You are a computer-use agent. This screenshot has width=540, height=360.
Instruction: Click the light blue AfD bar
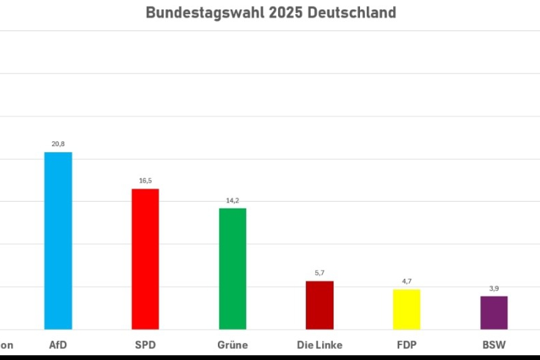coord(58,241)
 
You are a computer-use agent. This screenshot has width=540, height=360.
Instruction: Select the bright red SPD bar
coord(145,259)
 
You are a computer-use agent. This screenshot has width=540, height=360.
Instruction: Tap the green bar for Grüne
coord(232,269)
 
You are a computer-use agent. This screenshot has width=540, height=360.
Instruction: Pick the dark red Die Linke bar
coord(319,305)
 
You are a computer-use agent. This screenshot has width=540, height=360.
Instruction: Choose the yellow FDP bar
coord(406,309)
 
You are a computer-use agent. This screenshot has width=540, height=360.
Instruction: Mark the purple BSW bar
coord(494,313)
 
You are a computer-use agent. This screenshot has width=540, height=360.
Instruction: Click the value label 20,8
coord(58,144)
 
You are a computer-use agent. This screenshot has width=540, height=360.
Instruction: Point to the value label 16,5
coord(145,181)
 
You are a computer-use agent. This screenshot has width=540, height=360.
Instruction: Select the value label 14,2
coord(233,200)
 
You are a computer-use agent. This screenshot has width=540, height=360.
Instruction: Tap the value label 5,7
coord(320,273)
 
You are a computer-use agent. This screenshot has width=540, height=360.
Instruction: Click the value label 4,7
coord(407,281)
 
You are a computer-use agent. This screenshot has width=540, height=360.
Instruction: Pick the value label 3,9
coord(494,288)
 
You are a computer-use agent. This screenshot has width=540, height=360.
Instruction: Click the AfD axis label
coord(58,345)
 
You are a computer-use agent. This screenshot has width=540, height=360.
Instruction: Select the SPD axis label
coord(145,345)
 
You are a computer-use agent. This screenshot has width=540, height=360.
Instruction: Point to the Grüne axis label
coord(232,345)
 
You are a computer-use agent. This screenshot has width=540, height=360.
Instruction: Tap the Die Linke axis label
coord(319,345)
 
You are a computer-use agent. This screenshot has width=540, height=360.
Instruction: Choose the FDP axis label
coord(406,345)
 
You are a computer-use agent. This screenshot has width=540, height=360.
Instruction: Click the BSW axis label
coord(494,345)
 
